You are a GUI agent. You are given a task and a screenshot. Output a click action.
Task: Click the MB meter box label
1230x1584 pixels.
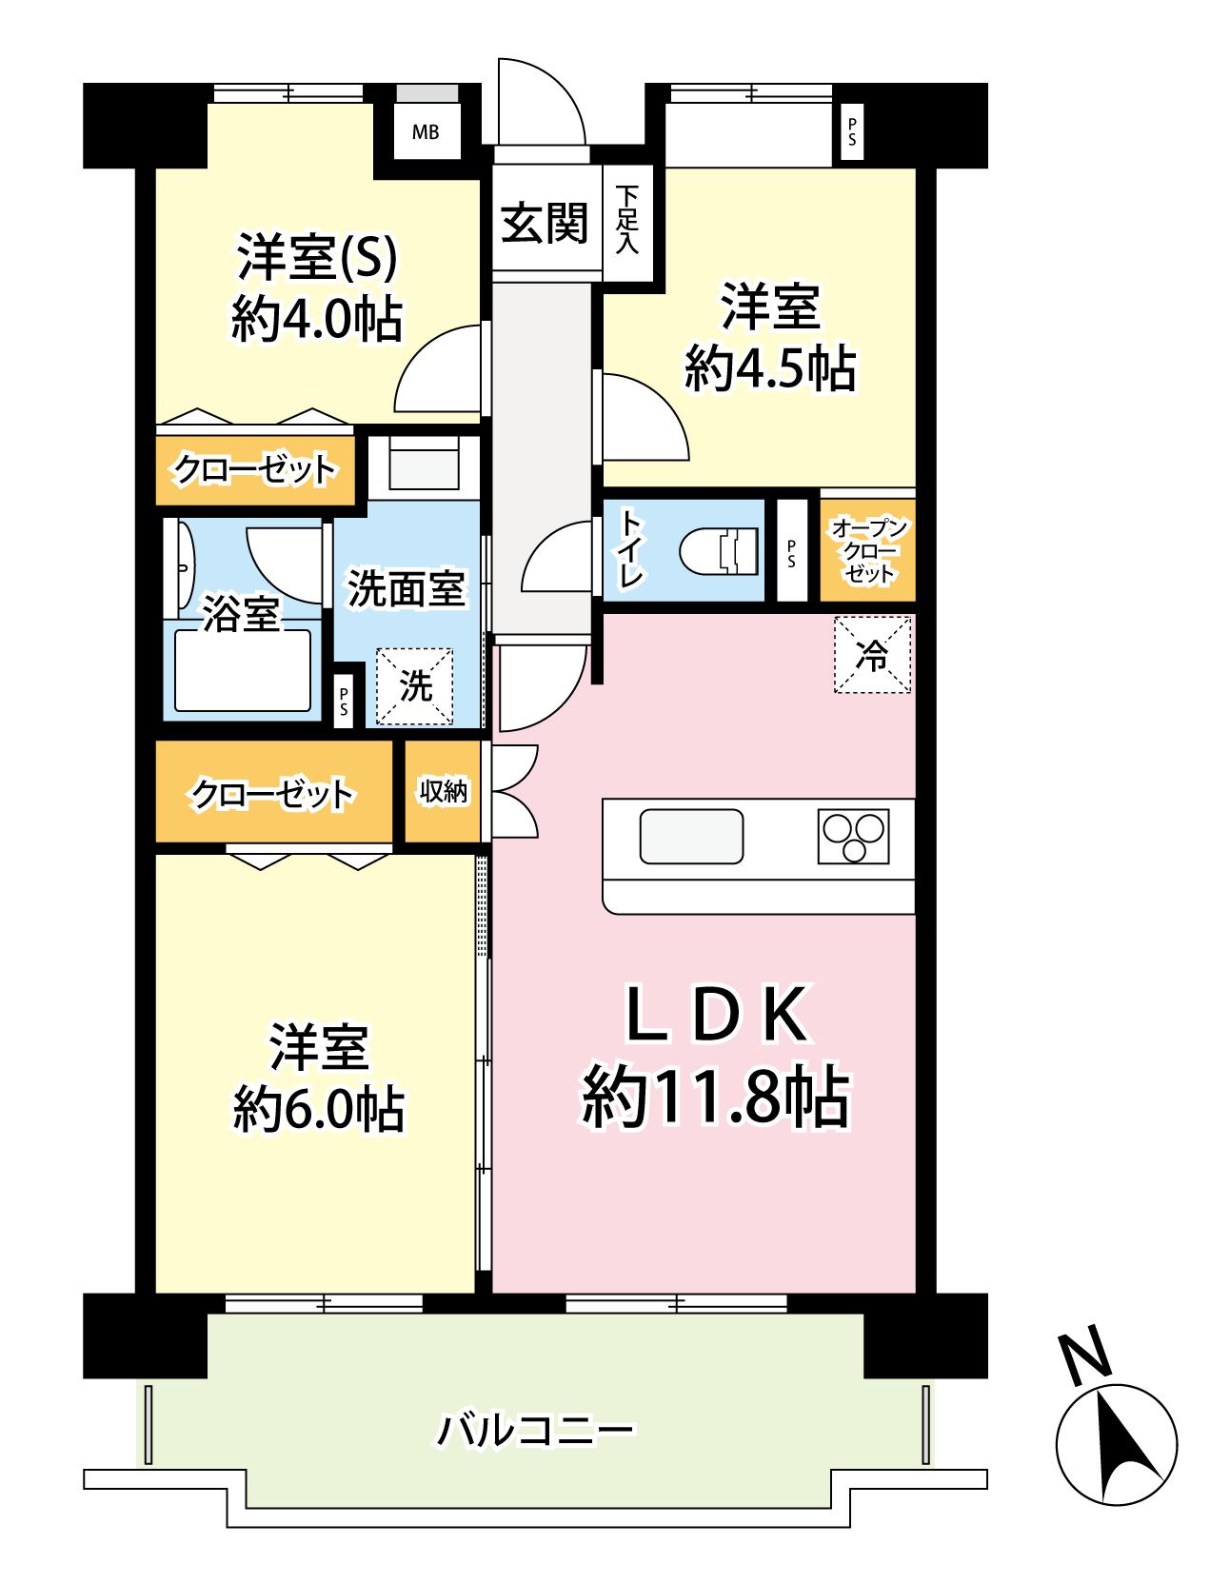click(426, 132)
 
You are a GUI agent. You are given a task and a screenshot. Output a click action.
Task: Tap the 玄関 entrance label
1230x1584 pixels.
click(546, 224)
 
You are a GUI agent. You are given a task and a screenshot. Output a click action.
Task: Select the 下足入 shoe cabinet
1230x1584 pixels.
click(627, 223)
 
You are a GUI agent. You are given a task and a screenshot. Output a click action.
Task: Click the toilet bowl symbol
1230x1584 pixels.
click(720, 551)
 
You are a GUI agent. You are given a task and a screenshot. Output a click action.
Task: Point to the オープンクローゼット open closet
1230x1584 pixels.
click(868, 550)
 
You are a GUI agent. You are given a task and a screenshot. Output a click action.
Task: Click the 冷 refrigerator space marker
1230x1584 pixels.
click(872, 655)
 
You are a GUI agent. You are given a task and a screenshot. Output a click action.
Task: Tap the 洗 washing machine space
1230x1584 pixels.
click(414, 686)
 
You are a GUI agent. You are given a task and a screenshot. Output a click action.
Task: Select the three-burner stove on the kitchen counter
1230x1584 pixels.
click(854, 837)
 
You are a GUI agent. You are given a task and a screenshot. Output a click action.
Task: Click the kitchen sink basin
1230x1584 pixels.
click(691, 837)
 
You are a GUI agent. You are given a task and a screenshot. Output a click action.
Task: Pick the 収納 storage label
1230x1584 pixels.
click(444, 791)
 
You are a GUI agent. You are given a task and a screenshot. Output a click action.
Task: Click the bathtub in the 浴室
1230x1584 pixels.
click(243, 670)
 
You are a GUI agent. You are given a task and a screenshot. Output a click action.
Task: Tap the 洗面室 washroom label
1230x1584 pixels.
click(407, 589)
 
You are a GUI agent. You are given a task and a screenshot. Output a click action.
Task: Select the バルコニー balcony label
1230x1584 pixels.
click(535, 1430)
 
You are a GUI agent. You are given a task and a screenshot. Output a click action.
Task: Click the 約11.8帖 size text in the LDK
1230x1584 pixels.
click(716, 1097)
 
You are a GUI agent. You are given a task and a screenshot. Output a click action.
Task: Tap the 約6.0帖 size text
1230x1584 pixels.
click(319, 1109)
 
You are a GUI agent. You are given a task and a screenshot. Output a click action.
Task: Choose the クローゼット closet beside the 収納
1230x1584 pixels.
click(274, 792)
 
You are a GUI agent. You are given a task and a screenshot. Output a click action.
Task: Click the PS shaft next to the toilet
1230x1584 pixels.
click(792, 551)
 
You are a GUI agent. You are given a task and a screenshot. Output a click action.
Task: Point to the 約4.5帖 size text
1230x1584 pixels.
click(771, 368)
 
